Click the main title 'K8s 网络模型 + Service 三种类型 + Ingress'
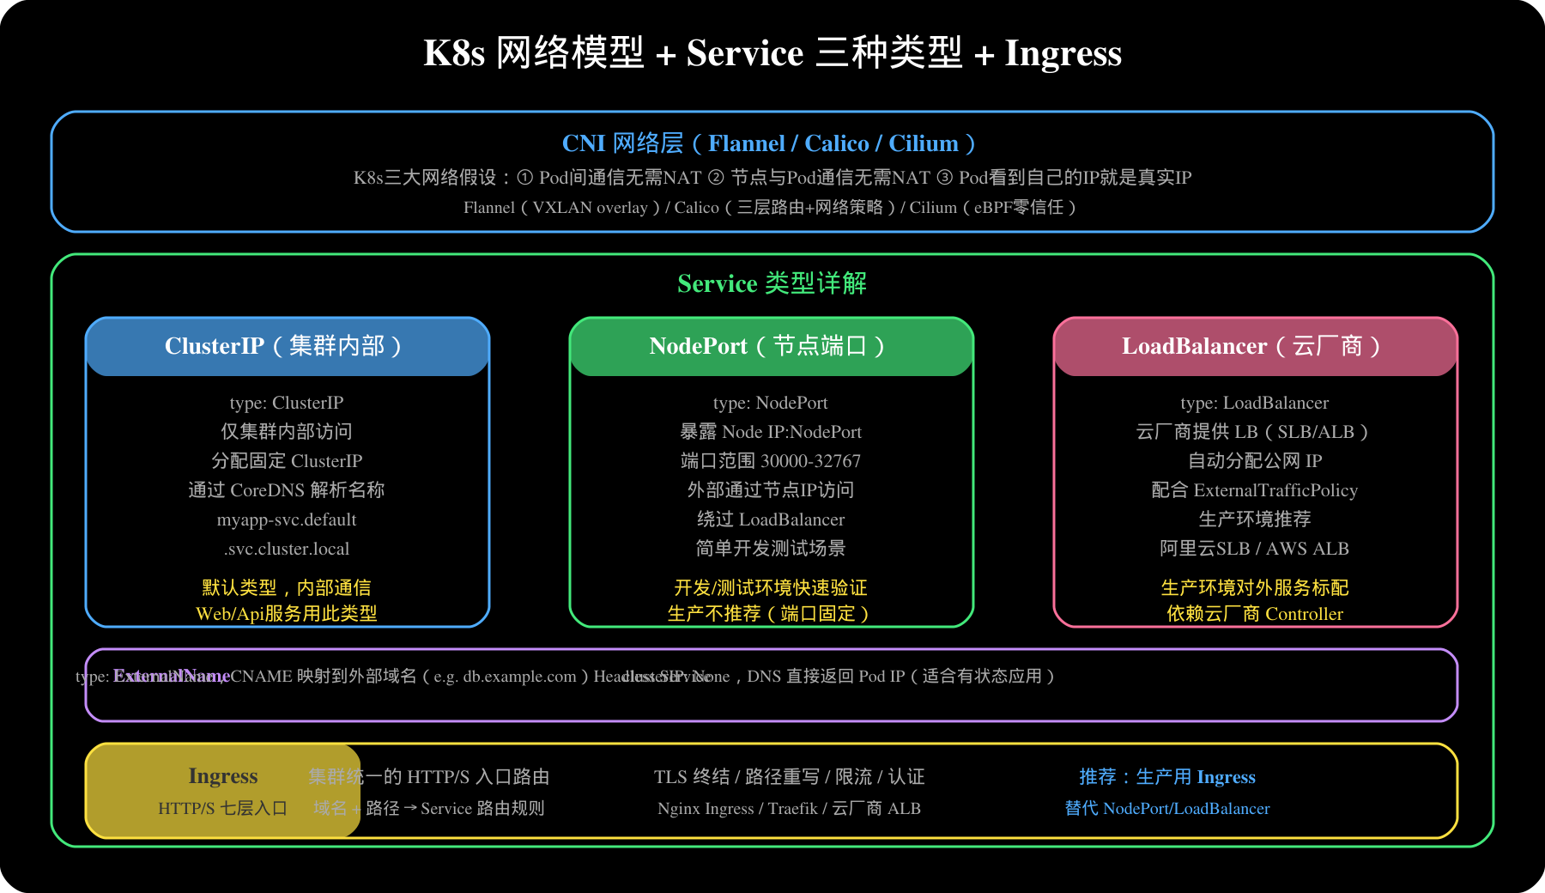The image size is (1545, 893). [772, 53]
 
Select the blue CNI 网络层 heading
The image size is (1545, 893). [768, 143]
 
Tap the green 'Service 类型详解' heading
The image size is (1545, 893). [772, 283]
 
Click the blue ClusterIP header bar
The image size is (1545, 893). [287, 346]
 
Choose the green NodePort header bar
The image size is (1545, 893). [771, 346]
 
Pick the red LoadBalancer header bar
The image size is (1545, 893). [1255, 346]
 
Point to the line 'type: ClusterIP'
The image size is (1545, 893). [287, 403]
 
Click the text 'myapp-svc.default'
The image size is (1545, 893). [287, 519]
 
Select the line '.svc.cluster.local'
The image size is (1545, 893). [287, 549]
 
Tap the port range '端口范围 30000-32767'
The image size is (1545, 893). [771, 461]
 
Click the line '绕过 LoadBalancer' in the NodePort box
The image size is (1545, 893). [771, 519]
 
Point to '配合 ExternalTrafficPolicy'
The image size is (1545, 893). [1255, 490]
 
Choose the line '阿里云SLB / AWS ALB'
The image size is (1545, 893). [1255, 549]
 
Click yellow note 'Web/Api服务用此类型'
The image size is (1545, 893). [287, 614]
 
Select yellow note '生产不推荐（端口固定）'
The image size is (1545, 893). [771, 614]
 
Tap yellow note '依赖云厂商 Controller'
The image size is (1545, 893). [1255, 614]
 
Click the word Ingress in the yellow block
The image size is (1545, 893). [223, 776]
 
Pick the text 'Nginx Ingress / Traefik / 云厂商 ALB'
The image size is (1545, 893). [789, 809]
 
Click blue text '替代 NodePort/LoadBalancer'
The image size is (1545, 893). [1167, 809]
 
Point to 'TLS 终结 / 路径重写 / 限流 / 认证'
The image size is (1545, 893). [789, 777]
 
